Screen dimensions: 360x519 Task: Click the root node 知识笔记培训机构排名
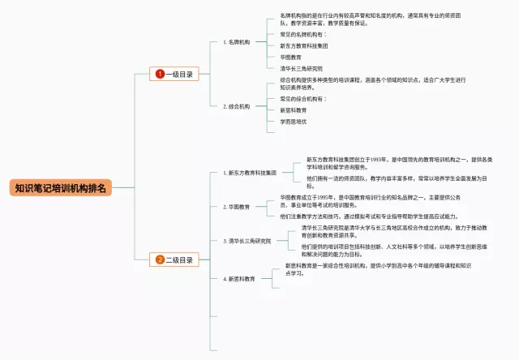point(62,188)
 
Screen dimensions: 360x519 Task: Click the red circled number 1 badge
point(160,74)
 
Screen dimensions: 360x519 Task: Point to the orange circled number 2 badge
point(160,259)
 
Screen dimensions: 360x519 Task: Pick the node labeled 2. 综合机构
point(237,106)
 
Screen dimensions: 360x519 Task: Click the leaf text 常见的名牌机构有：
point(303,35)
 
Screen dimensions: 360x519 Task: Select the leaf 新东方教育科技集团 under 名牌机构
point(310,46)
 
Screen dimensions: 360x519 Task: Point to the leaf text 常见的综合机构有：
point(303,98)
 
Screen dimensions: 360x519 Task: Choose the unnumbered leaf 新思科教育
point(294,109)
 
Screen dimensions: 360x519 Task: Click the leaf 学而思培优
point(294,121)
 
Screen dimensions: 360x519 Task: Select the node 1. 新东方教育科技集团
point(251,173)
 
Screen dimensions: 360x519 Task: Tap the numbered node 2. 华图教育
point(237,207)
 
